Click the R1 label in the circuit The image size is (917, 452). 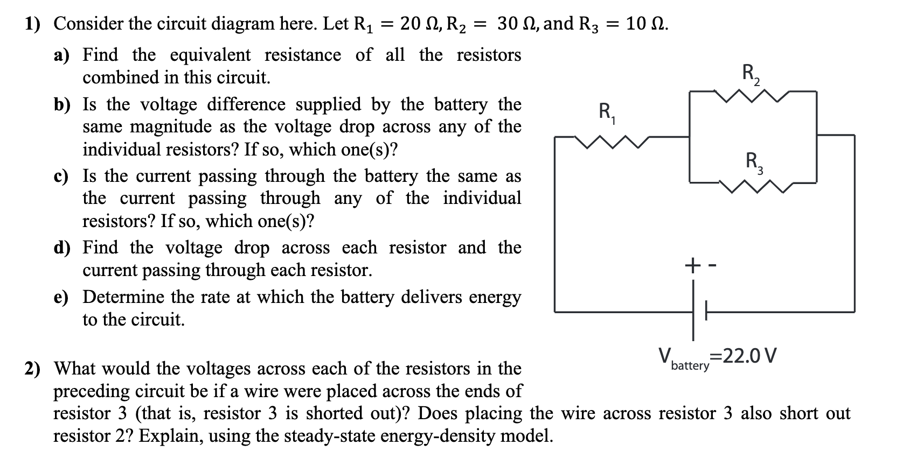(x=607, y=114)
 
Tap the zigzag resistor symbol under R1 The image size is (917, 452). (x=608, y=142)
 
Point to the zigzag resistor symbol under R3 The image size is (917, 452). (x=754, y=187)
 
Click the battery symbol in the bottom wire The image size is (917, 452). (x=697, y=312)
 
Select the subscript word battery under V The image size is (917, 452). (x=690, y=366)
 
